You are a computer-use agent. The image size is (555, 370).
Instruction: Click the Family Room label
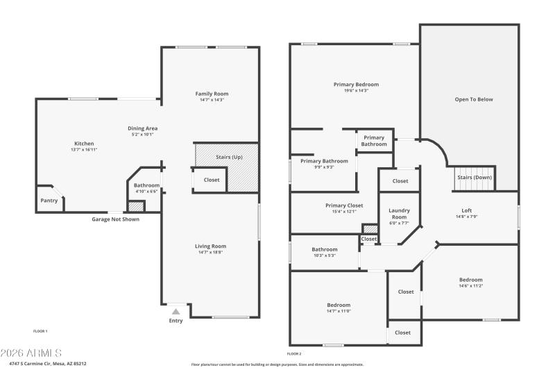212,94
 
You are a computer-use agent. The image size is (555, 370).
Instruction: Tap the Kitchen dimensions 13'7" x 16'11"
84,150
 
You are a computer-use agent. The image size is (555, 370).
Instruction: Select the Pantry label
49,201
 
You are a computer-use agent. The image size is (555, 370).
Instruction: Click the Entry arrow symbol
176,312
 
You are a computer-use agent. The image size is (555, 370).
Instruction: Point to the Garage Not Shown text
115,219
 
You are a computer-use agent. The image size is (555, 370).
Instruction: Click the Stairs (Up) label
229,157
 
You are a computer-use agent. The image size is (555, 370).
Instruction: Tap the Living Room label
210,246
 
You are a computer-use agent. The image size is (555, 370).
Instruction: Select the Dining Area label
142,128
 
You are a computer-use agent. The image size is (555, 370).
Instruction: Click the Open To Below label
474,99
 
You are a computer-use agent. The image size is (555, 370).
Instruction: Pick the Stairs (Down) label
474,178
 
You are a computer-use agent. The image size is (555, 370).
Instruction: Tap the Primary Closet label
344,205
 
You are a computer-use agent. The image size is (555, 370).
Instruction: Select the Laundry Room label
399,213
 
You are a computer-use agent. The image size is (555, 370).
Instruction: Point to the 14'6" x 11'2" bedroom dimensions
470,285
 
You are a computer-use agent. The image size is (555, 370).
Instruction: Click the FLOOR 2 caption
294,353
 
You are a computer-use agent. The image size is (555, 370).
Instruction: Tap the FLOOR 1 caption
40,331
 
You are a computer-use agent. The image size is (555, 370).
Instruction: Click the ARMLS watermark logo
31,353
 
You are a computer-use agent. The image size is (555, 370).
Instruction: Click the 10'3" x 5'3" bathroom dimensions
324,255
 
